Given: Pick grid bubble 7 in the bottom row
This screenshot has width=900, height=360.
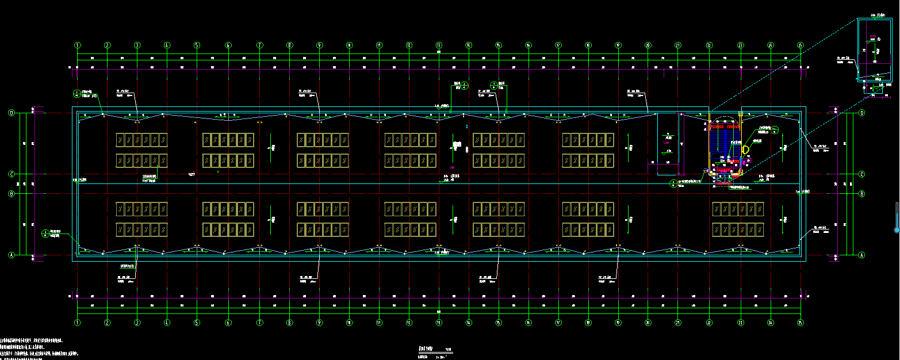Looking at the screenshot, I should [x=259, y=323].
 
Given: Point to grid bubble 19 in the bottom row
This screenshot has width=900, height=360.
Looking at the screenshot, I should [x=618, y=323].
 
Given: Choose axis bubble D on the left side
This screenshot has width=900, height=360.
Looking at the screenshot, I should [x=11, y=113].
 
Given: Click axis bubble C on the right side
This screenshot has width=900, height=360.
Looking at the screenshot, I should [x=861, y=174].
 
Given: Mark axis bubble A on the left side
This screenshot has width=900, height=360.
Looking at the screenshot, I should [x=11, y=254].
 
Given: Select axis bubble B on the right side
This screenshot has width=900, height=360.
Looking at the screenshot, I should [x=861, y=194].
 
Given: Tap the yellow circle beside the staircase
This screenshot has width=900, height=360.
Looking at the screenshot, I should [x=746, y=150].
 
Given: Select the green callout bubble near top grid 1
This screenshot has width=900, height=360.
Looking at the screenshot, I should [x=76, y=93].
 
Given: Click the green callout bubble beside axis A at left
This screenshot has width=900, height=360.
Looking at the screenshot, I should [x=45, y=233].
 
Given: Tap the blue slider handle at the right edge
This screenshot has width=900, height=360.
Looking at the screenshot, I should [x=896, y=229].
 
